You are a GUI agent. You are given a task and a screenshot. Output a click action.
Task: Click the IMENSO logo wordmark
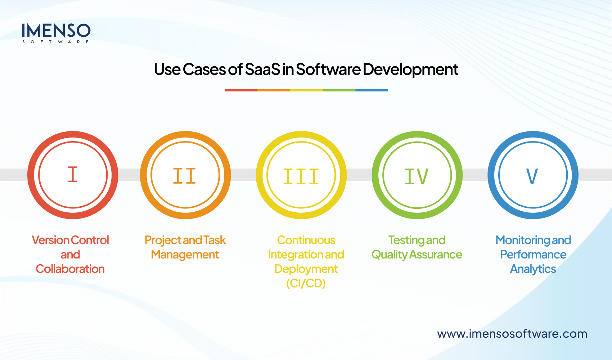click(56, 31)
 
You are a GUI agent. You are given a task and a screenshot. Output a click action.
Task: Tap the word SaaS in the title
click(262, 69)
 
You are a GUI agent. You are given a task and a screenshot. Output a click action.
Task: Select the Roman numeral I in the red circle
click(73, 175)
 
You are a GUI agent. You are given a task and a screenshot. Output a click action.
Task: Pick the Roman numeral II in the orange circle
click(185, 176)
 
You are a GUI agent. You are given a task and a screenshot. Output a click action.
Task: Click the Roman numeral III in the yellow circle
click(301, 177)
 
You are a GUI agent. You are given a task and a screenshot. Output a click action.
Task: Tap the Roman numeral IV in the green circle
click(417, 176)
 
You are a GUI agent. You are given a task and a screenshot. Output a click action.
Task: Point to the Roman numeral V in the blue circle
click(532, 176)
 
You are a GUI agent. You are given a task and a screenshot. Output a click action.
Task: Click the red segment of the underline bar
click(241, 90)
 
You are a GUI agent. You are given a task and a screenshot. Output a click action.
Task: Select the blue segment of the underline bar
click(372, 90)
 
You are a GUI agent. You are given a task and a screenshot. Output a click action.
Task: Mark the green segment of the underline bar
click(339, 90)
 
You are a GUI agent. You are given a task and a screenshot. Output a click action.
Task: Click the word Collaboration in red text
click(70, 269)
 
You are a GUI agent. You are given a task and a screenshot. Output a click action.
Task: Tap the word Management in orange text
click(185, 255)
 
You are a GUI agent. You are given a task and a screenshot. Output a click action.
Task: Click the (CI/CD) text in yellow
click(306, 283)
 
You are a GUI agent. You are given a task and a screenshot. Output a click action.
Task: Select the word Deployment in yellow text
click(306, 269)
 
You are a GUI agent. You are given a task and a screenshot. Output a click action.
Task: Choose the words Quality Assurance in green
click(417, 255)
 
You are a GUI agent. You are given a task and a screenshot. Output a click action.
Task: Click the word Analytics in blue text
click(533, 269)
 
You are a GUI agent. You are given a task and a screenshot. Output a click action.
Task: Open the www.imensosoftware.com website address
click(512, 334)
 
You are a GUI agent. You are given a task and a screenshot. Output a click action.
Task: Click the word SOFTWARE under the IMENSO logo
click(56, 42)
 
